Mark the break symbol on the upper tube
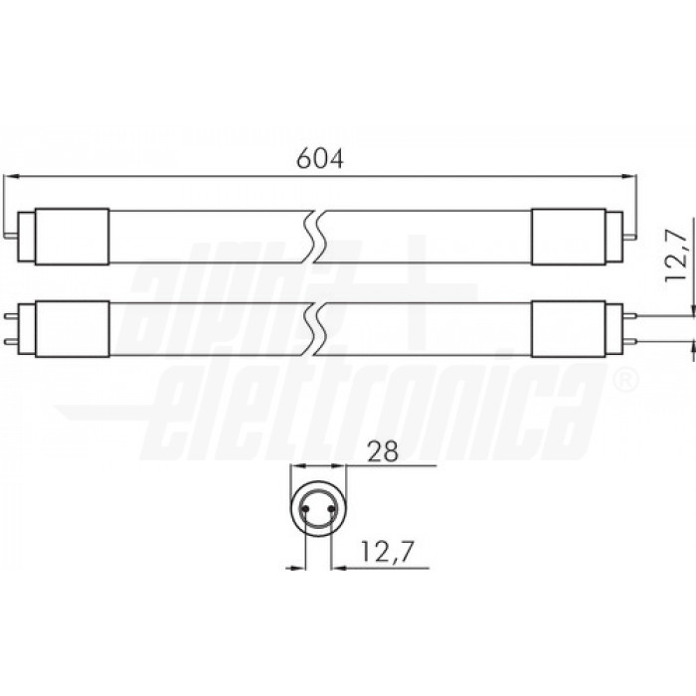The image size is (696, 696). [x=317, y=237]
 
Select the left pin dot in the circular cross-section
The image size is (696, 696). [x=305, y=508]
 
